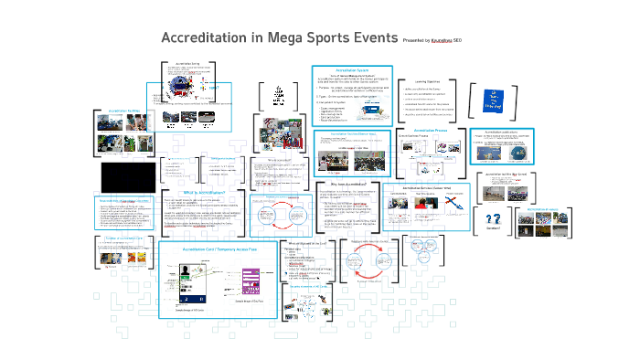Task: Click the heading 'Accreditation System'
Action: [351, 70]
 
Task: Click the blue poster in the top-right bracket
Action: [491, 100]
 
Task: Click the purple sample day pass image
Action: [252, 281]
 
